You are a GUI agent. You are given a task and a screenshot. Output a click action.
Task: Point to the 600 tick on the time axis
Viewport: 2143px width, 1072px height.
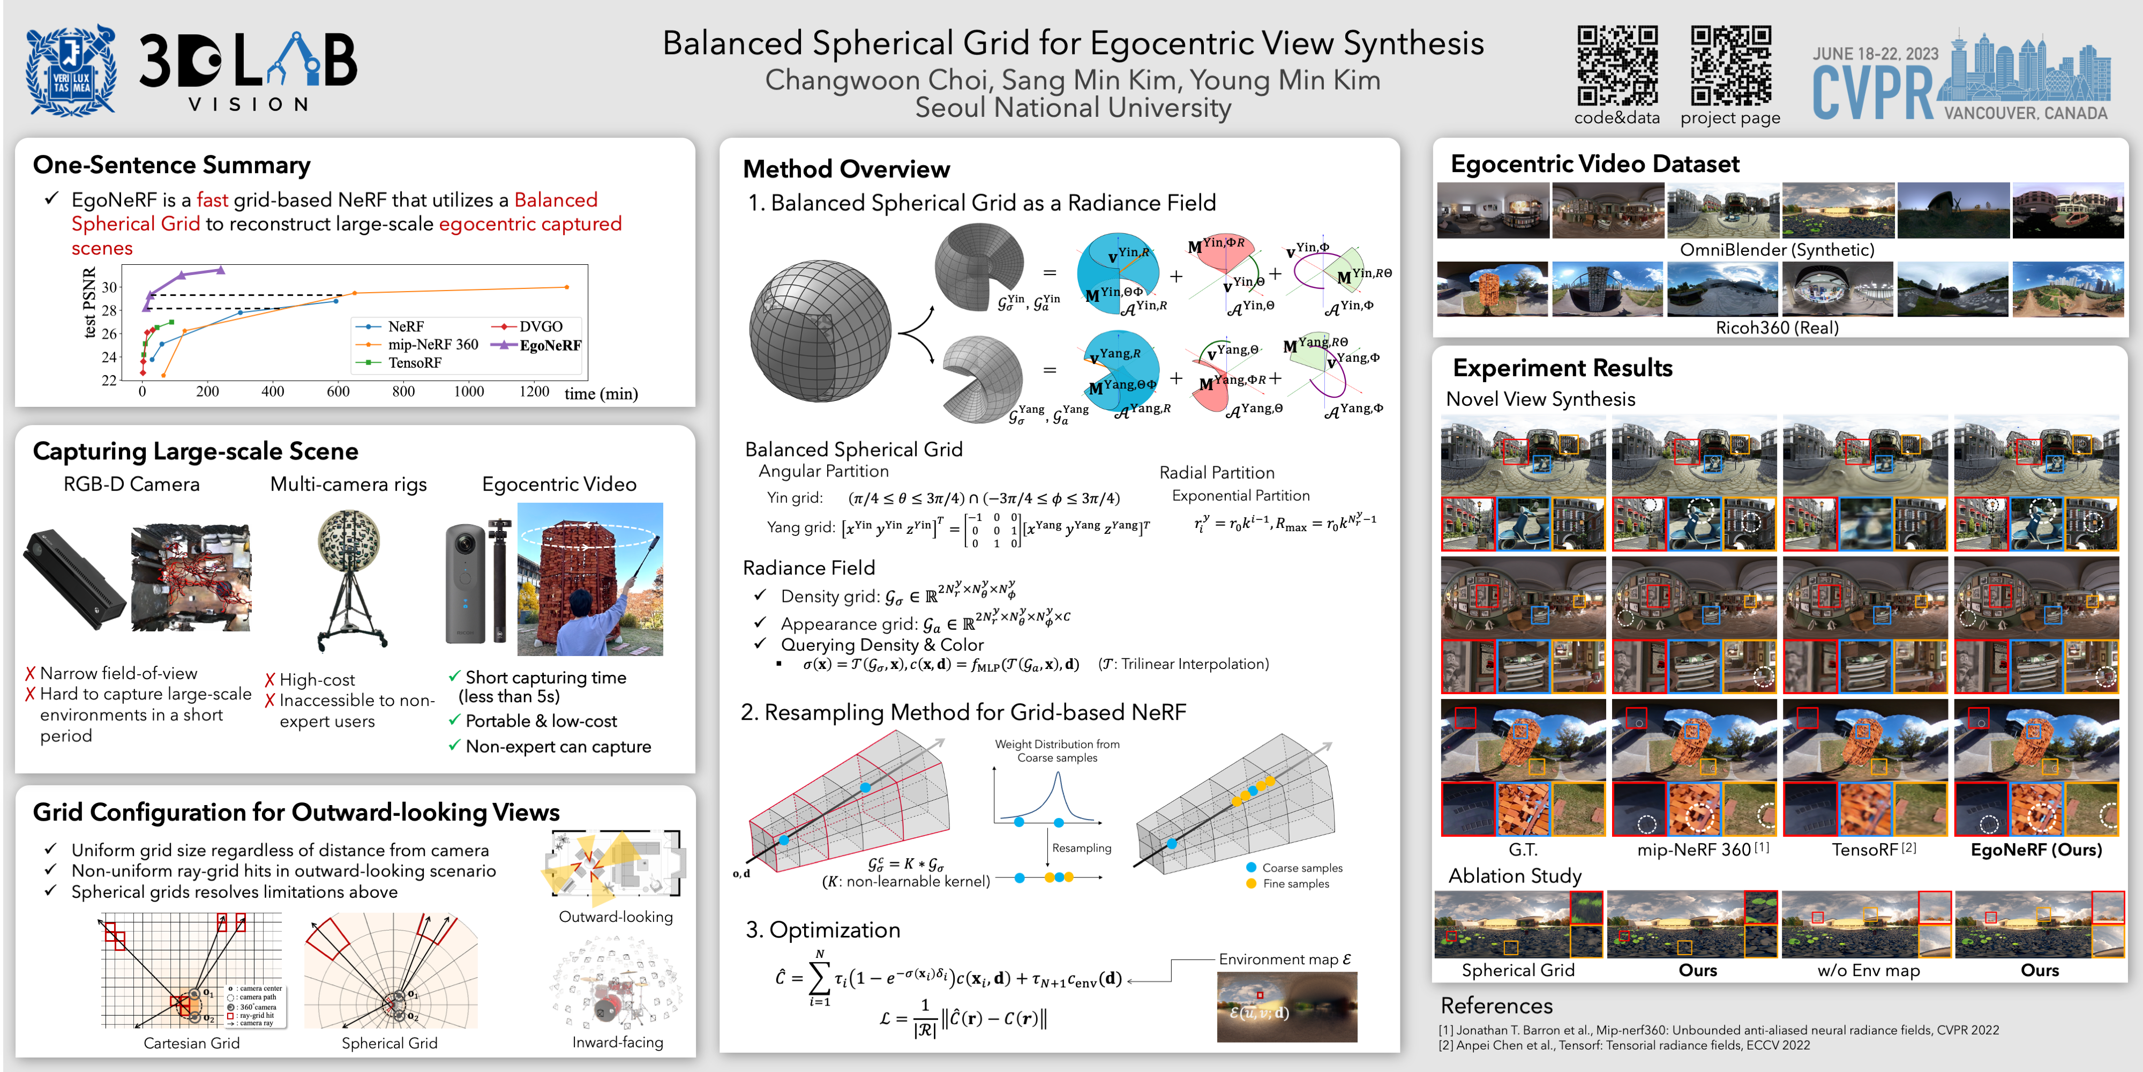[338, 391]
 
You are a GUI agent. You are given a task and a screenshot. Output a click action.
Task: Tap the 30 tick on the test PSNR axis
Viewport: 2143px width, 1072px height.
[109, 287]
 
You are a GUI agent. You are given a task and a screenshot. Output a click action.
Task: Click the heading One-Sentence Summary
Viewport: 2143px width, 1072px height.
[171, 165]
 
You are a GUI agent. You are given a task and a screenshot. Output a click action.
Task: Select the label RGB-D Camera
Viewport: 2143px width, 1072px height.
[131, 485]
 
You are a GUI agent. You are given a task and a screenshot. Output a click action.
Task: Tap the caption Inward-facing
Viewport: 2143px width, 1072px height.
[617, 1042]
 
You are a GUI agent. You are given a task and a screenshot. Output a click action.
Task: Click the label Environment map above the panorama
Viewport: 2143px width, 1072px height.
[1285, 959]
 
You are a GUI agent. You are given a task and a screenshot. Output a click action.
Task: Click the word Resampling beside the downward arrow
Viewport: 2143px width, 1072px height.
[1082, 848]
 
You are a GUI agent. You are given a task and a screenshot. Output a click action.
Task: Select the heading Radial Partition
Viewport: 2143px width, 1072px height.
[1216, 473]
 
